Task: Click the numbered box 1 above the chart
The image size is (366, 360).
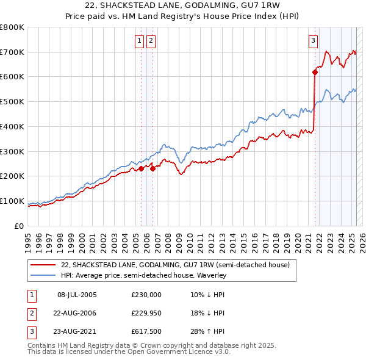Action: [x=140, y=41]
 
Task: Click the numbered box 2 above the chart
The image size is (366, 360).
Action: [x=150, y=41]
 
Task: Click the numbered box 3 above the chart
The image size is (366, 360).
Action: [x=313, y=41]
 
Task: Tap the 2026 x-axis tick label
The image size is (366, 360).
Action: [x=361, y=241]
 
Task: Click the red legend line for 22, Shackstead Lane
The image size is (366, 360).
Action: [x=43, y=265]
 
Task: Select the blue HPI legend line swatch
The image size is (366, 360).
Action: [x=43, y=276]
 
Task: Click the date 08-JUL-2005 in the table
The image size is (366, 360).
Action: [x=77, y=295]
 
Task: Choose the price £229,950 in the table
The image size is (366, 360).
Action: [x=146, y=313]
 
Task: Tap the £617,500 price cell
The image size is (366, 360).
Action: [x=146, y=331]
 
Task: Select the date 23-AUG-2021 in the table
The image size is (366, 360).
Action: [x=77, y=331]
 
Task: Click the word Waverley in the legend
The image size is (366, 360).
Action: [x=211, y=276]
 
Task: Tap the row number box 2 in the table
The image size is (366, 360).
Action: [x=30, y=313]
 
